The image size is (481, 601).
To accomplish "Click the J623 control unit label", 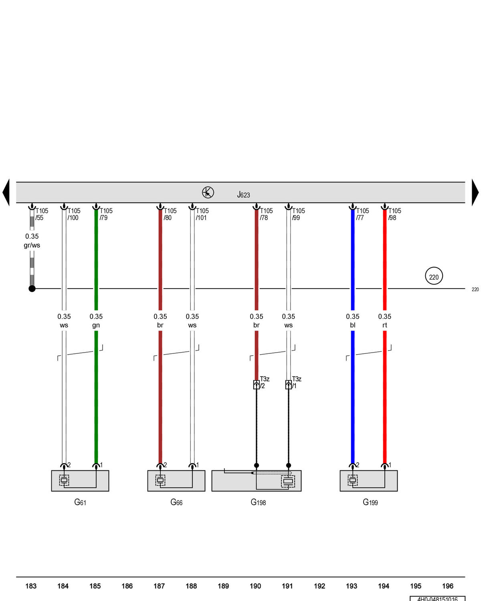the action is tap(243, 195).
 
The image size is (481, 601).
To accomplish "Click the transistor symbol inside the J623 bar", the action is tap(208, 192).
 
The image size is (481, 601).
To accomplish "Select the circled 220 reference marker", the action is tap(434, 276).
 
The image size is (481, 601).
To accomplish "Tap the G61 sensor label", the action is tap(80, 502).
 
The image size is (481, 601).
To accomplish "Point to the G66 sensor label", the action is tap(176, 502).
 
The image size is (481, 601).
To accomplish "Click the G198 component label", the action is tap(258, 502).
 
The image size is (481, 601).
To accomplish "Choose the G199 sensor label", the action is tap(370, 502).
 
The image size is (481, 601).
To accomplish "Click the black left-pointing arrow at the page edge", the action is tap(6, 192).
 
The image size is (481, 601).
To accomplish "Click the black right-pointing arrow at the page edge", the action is tap(475, 192).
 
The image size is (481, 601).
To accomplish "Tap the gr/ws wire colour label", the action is tap(32, 245).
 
